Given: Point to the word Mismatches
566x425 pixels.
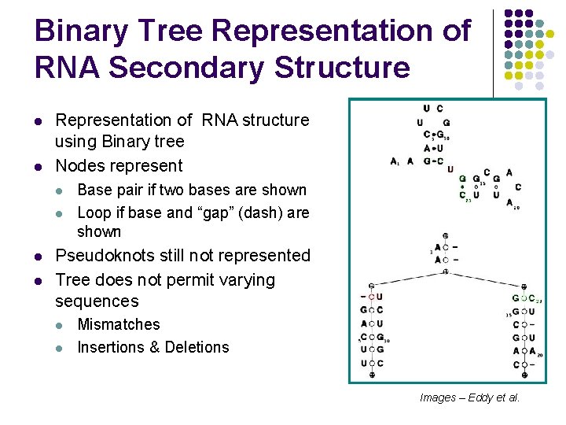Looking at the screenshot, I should pos(118,324).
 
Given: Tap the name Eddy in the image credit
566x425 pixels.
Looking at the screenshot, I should pos(480,397).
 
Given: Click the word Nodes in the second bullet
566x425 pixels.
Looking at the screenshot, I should pos(78,165).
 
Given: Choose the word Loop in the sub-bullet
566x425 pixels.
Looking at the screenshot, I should pos(94,213).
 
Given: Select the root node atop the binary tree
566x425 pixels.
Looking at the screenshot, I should pos(446,235).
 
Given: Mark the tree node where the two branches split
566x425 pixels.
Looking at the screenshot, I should pos(446,272).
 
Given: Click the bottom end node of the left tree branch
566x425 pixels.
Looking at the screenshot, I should pos(372,375).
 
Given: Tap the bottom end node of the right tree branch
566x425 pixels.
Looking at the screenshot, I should pos(523,375).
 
